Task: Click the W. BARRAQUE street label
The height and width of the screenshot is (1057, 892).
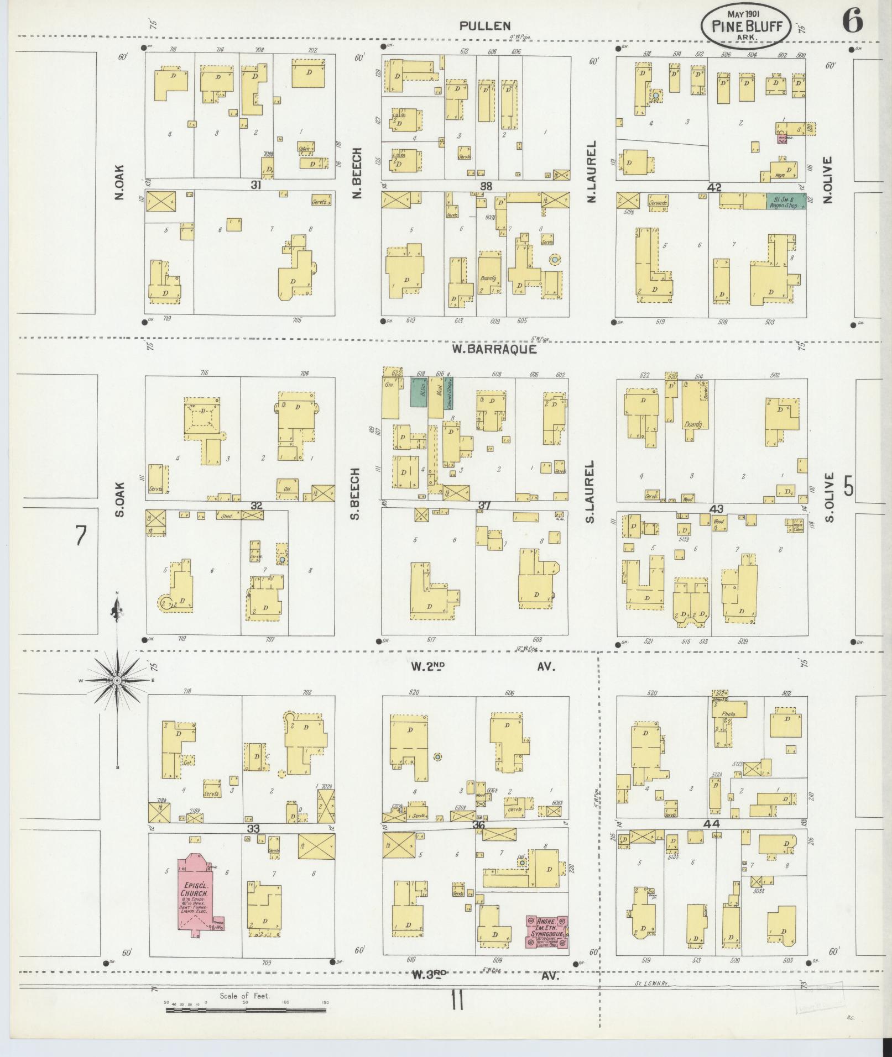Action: [x=494, y=349]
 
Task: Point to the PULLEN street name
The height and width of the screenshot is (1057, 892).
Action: [x=485, y=25]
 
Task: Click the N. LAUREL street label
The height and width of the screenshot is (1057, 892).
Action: [x=591, y=171]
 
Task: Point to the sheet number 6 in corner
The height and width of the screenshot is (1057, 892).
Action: [x=852, y=22]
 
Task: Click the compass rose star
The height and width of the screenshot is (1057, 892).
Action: [x=117, y=682]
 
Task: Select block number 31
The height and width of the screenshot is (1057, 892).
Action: [x=255, y=185]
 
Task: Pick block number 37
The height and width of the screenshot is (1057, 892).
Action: [x=484, y=506]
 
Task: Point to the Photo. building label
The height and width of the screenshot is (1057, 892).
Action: [x=728, y=714]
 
